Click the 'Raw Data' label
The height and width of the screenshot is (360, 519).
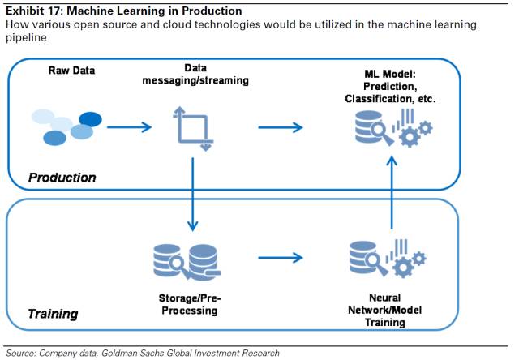[72, 70]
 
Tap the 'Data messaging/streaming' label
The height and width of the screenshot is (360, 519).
[194, 75]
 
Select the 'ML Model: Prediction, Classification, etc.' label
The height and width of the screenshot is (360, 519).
[389, 87]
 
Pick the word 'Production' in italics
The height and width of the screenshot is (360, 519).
[62, 177]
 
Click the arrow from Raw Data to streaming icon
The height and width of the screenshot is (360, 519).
[130, 126]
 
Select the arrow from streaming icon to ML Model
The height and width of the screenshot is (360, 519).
[280, 126]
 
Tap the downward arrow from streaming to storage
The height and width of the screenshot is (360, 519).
[193, 195]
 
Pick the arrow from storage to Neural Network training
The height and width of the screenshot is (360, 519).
[280, 259]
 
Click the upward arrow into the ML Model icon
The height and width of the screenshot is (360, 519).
[392, 195]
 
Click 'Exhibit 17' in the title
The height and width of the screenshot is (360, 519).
[34, 11]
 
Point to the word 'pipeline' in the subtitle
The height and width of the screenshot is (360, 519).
[24, 37]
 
